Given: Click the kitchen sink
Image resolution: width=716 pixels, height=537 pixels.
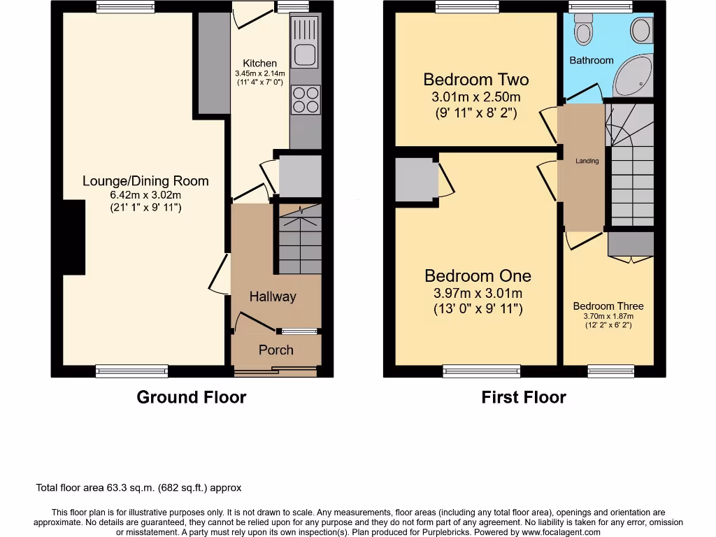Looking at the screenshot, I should coord(305,53).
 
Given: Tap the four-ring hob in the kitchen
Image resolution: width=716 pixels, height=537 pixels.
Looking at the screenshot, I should coord(305,99).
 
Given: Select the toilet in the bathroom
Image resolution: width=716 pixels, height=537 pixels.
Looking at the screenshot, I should coord(582,28).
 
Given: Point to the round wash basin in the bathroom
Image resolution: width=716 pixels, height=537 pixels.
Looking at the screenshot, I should coord(640,30).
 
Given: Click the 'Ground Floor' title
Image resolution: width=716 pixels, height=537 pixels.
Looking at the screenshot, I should coord(191,397).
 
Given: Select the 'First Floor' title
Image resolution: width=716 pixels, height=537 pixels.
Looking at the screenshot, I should coord(523,397).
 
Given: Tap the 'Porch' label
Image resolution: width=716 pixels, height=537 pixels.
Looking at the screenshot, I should coord(276,350).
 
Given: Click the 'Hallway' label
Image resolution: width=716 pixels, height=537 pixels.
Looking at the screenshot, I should coord(273,296).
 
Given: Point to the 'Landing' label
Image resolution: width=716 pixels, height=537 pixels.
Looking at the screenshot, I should coord(587,162).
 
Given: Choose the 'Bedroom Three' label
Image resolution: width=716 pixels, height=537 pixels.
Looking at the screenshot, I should coord(608,306).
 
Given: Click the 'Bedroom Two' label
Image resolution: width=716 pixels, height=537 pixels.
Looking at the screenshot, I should coord(475,80).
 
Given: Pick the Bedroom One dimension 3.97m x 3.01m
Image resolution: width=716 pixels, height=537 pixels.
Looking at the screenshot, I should coord(477,294).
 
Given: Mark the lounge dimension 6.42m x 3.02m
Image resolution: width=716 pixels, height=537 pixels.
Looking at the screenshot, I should coord(145,194).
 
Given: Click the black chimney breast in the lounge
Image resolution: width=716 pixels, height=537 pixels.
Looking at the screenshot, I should coord(73,238).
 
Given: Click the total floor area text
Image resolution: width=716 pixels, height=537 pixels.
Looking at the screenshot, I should coord(138,488).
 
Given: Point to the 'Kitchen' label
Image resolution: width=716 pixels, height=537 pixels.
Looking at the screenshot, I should coord(259,63).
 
